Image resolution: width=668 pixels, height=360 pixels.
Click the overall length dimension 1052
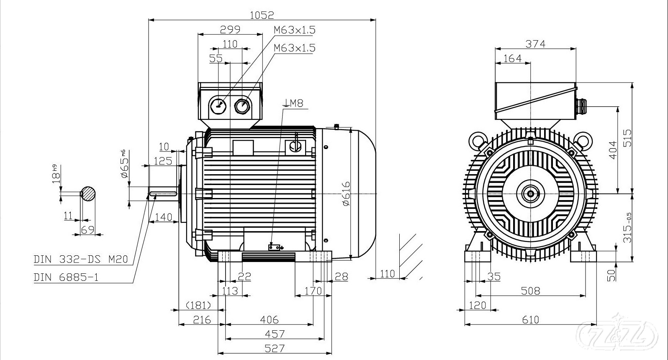[262, 15]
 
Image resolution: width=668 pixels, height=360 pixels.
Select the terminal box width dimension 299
[230, 29]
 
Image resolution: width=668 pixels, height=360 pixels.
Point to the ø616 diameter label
[346, 194]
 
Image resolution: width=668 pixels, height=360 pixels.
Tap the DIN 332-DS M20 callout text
[81, 260]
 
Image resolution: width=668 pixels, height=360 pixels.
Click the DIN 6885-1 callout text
[66, 277]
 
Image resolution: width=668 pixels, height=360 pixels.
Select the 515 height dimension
[627, 138]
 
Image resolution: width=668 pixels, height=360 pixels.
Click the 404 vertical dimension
[613, 150]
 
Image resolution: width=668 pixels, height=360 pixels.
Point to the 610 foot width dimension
[530, 320]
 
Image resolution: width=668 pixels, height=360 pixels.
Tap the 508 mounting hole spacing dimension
[530, 291]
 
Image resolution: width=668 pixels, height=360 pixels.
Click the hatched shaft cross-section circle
[88, 193]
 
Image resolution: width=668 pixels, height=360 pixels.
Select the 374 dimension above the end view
[535, 44]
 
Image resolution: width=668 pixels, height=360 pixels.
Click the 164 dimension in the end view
[512, 58]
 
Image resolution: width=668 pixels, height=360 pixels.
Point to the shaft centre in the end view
[531, 193]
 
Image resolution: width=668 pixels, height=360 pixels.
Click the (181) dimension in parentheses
[198, 305]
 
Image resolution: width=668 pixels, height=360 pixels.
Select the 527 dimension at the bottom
[275, 348]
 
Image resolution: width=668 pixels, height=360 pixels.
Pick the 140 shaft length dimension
[163, 217]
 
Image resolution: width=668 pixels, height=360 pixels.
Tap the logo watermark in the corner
[621, 334]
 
